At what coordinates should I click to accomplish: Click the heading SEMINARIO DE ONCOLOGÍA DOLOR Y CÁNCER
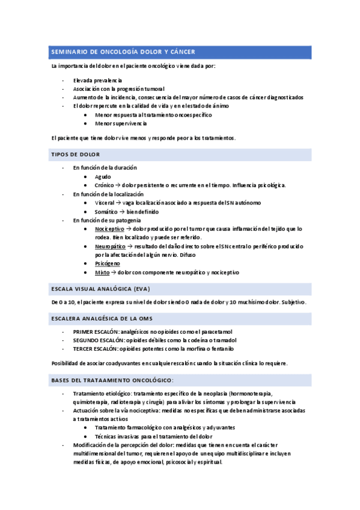(x=123, y=52)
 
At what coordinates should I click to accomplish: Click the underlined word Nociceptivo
(x=109, y=229)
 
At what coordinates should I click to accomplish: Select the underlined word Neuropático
(x=109, y=247)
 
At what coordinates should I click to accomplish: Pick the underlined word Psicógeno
(x=107, y=263)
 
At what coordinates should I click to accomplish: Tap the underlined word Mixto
(x=103, y=272)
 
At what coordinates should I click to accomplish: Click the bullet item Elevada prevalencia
(x=97, y=80)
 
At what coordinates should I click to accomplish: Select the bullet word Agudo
(x=103, y=177)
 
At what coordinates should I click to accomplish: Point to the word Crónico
(x=105, y=185)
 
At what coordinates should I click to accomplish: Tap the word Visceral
(x=106, y=203)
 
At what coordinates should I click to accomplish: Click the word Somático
(x=107, y=212)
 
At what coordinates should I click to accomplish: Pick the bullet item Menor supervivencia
(x=120, y=123)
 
